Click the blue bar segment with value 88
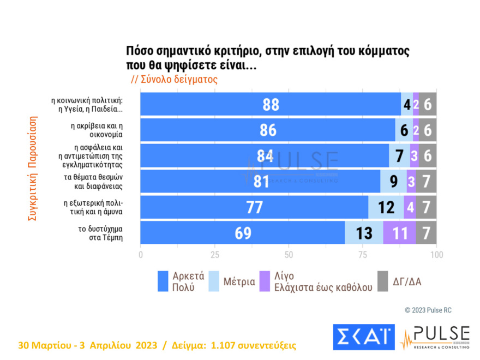(x=271, y=104)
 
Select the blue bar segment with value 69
(x=243, y=232)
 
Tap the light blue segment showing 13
(x=364, y=232)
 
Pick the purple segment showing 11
(x=399, y=232)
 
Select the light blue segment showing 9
(x=393, y=181)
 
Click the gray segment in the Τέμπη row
(x=426, y=232)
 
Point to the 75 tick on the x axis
(x=363, y=254)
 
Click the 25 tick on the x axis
(x=214, y=254)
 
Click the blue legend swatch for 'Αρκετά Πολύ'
(x=163, y=281)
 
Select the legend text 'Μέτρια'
(x=239, y=282)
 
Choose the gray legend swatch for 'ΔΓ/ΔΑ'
(x=382, y=281)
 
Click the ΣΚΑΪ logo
(x=363, y=337)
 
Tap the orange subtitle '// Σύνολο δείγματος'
(x=175, y=79)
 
